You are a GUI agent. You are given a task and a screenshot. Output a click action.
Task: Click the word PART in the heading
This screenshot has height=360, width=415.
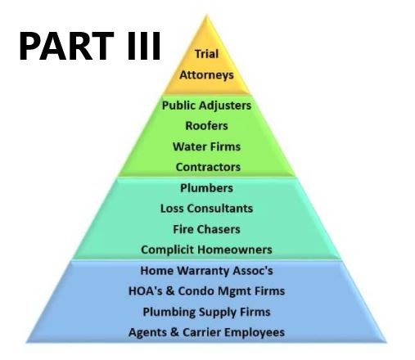pos(66,46)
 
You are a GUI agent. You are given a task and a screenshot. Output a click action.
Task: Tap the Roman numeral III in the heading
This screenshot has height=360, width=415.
pos(144,46)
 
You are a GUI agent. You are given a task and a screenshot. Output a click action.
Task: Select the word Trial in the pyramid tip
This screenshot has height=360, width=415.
pos(206,54)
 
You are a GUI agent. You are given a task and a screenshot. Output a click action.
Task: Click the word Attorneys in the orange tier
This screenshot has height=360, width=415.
pos(206,75)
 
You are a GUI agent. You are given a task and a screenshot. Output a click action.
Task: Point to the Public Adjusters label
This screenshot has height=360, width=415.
pos(206,106)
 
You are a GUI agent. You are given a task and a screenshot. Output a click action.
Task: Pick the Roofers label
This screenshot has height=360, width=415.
pos(206,126)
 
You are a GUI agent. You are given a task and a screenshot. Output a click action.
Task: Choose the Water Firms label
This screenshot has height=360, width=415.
pos(206,146)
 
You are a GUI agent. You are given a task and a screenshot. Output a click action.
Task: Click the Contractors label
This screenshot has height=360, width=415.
pos(208,167)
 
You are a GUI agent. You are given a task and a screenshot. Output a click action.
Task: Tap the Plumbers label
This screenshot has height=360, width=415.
pos(206,188)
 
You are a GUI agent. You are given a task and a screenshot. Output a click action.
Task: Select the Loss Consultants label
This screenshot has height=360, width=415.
pos(206,209)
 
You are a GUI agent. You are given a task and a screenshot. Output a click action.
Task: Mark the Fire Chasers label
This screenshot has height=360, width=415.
pos(206,229)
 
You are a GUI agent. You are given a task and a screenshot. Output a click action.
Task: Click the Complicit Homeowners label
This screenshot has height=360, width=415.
pos(206,250)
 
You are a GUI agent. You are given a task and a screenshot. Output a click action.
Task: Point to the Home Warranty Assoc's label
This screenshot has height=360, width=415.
pos(206,271)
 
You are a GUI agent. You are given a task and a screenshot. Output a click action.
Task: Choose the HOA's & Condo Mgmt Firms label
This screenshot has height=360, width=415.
pos(206,291)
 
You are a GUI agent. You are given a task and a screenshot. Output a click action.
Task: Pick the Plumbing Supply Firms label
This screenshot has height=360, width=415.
pos(206,312)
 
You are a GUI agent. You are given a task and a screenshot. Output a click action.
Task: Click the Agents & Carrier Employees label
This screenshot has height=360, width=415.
pos(206,332)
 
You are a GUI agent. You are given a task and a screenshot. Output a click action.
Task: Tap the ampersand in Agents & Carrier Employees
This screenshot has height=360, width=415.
pos(174,332)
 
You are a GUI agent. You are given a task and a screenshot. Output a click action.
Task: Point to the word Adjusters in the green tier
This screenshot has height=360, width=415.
pos(225,106)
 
